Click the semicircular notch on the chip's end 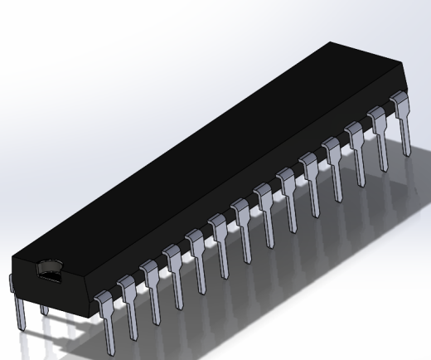point(51,268)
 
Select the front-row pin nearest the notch point(105,311)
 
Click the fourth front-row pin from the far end point(336,163)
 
